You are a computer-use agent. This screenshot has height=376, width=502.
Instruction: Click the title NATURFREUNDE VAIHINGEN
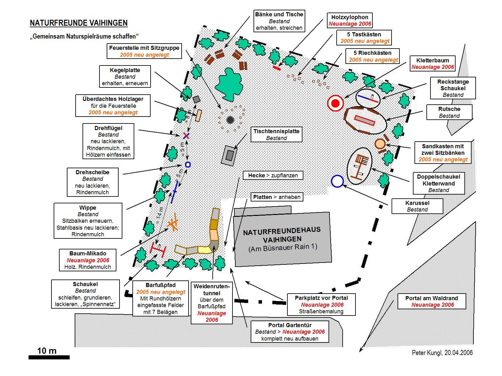pos(78,23)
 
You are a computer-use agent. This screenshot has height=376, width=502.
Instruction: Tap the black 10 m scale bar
pos(49,357)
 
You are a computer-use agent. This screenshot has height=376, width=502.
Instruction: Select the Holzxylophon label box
pos(350,20)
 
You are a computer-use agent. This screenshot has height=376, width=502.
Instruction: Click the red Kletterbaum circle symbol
pos(335,103)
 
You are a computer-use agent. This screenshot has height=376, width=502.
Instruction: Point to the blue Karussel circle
pos(337,181)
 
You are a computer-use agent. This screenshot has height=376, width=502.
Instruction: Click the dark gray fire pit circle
pos(230,120)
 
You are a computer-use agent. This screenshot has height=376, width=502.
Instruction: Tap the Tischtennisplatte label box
pos(276,134)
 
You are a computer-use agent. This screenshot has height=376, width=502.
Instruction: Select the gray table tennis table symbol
pos(230,155)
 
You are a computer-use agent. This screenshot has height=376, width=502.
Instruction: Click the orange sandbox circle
pos(380,144)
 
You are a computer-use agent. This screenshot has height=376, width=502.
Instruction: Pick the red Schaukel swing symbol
pos(158,249)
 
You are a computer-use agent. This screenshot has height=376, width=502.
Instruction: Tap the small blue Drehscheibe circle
pos(188,164)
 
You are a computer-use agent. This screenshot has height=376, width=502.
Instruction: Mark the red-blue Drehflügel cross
pos(186,136)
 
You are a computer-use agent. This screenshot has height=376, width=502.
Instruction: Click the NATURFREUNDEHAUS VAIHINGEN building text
pos(282,239)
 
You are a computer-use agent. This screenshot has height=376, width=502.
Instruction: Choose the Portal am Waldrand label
pos(431,301)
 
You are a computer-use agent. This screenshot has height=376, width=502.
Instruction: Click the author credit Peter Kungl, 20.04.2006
pos(442,353)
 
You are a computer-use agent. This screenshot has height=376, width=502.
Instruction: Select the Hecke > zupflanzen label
pos(273,175)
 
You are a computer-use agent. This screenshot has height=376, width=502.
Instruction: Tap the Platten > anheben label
pos(277,197)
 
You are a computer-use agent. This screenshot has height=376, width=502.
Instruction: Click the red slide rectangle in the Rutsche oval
pos(365,120)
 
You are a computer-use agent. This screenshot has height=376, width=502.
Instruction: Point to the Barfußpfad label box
pos(161,298)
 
